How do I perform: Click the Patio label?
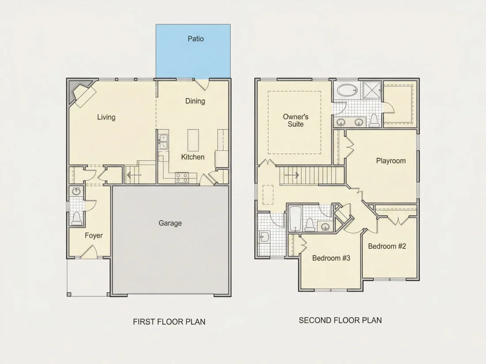(196, 39)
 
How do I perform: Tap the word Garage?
(170, 223)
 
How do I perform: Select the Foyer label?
(94, 236)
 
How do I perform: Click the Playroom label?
(391, 161)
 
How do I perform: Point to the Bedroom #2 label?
(387, 246)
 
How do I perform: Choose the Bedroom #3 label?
(331, 258)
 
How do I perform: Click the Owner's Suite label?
(296, 120)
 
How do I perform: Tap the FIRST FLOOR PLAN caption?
(169, 322)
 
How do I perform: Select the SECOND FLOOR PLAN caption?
(340, 320)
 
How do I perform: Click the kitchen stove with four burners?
(182, 177)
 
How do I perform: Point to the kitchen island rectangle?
(193, 140)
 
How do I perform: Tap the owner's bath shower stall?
(372, 90)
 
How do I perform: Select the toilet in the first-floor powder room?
(76, 218)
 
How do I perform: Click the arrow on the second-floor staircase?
(292, 176)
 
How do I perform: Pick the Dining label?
(195, 101)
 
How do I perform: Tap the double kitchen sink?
(163, 142)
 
